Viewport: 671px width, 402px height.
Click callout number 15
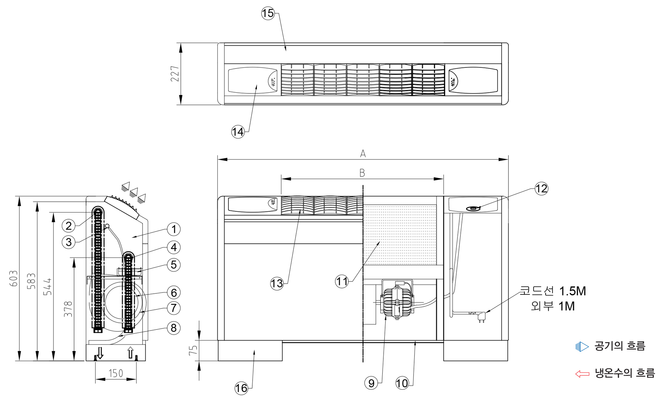(268, 14)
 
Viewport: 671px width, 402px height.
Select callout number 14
(238, 131)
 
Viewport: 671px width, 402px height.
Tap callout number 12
(541, 189)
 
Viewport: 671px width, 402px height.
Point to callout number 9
(371, 383)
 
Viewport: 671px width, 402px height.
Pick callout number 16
(241, 389)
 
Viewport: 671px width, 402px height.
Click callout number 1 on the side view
(173, 229)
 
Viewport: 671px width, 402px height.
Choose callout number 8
(173, 328)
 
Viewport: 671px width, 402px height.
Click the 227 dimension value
(175, 74)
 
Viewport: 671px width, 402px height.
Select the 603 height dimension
(13, 278)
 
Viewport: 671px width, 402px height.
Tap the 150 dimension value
(115, 373)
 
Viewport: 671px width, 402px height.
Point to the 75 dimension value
(193, 350)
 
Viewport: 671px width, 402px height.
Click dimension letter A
(363, 153)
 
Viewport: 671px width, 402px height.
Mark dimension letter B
(362, 173)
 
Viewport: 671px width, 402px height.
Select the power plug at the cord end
(482, 317)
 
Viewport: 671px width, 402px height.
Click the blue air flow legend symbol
(582, 347)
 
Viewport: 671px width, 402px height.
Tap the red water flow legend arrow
(582, 374)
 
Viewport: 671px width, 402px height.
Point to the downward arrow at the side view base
(100, 352)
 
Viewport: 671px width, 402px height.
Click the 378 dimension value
(68, 309)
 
